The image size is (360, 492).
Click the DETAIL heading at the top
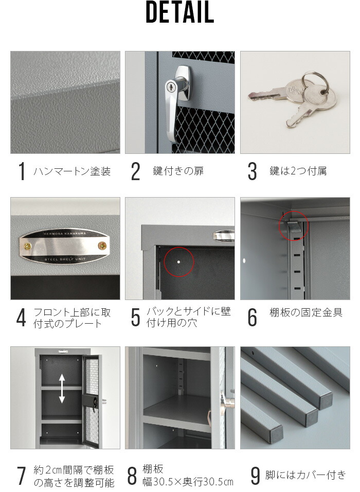[x=179, y=14]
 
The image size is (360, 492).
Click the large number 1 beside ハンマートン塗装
[x=22, y=171]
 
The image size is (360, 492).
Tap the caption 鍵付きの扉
[x=178, y=171]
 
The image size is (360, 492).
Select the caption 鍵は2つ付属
[x=298, y=171]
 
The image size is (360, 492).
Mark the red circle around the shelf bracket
[x=294, y=225]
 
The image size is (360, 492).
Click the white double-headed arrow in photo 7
[x=62, y=388]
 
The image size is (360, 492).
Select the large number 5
[x=136, y=318]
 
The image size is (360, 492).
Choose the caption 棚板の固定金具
[x=305, y=312]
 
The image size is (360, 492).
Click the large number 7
[x=21, y=476]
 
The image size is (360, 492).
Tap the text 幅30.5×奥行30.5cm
[x=188, y=482]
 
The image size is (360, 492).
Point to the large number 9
[x=255, y=476]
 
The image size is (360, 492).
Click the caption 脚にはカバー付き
[x=305, y=475]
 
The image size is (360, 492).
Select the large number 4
[x=21, y=318]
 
